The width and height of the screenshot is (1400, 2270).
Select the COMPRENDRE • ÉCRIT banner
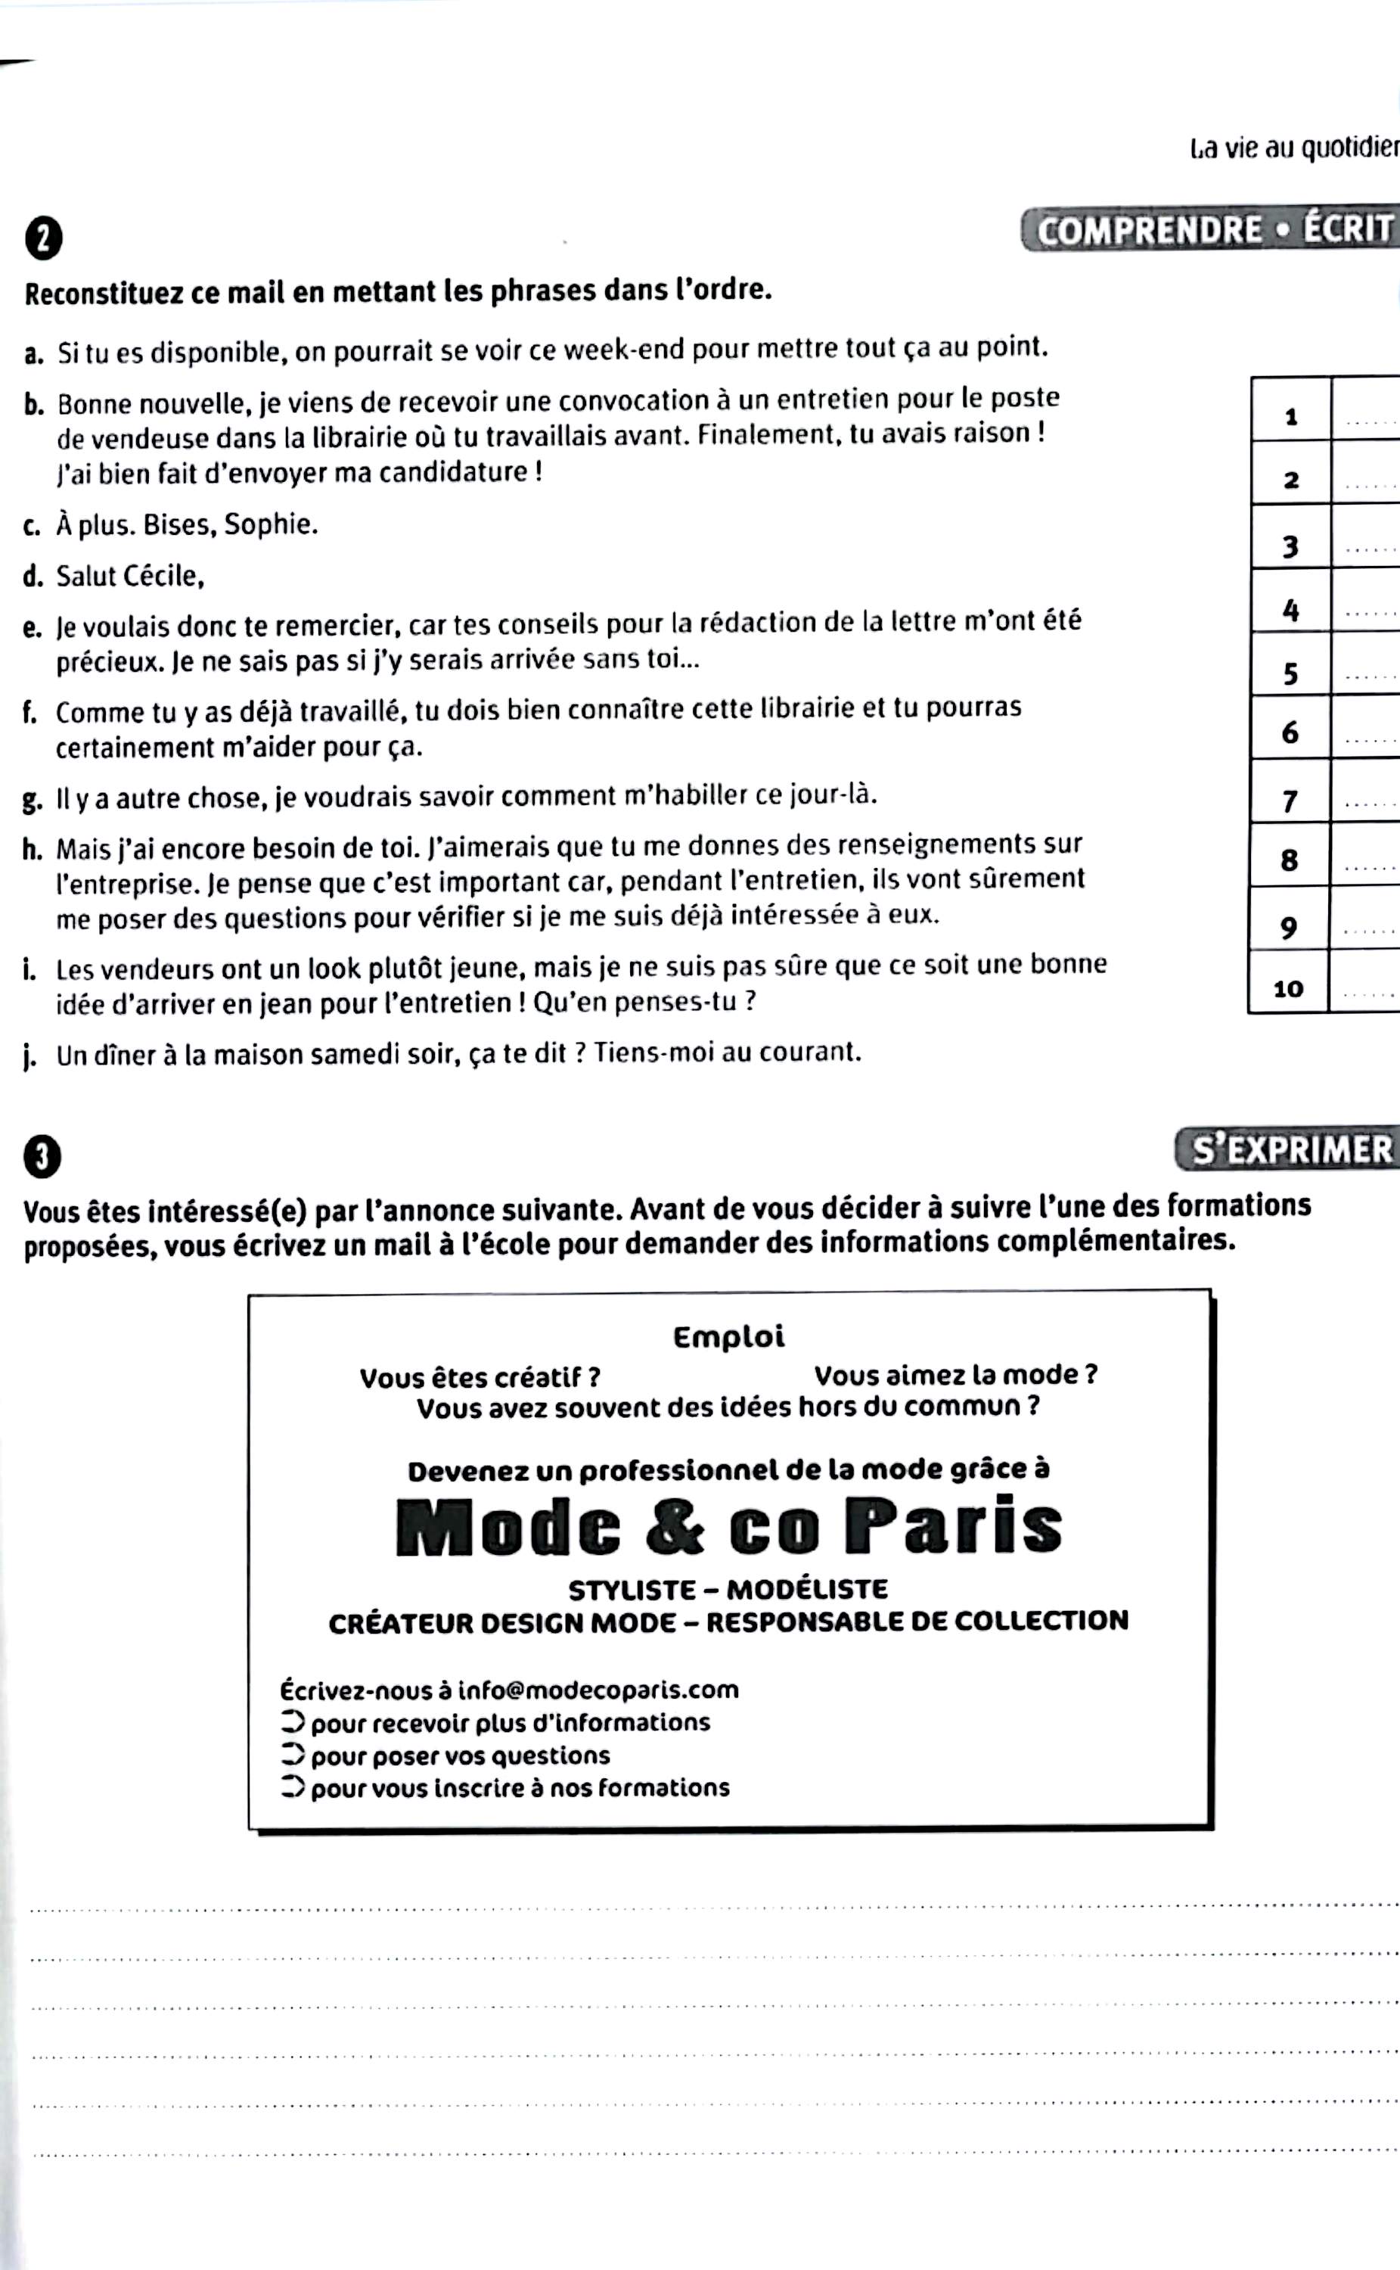pos(1212,231)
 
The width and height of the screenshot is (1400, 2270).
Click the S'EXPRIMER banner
pos(1290,1149)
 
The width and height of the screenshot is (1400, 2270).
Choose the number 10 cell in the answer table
pos(1288,988)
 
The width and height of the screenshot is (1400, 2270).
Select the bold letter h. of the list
pos(33,848)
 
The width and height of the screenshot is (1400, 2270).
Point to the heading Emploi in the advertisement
pos(728,1336)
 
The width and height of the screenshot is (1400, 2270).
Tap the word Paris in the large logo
pos(953,1527)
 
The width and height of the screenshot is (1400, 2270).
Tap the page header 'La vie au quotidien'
pos(1294,148)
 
